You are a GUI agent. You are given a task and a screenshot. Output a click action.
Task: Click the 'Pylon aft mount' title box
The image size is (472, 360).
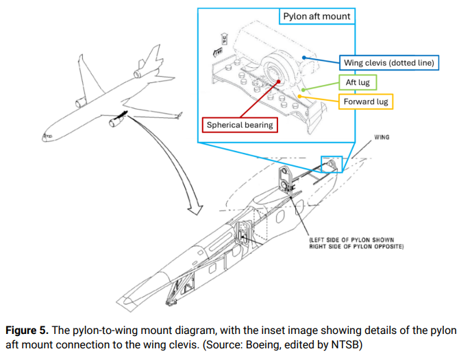coord(316,16)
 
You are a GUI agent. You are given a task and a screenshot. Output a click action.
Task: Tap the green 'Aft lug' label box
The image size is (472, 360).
coord(357,83)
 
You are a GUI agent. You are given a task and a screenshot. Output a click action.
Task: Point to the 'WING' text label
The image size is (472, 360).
coord(382,137)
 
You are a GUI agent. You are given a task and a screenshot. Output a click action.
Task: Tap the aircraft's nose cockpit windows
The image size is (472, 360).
coord(48,136)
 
